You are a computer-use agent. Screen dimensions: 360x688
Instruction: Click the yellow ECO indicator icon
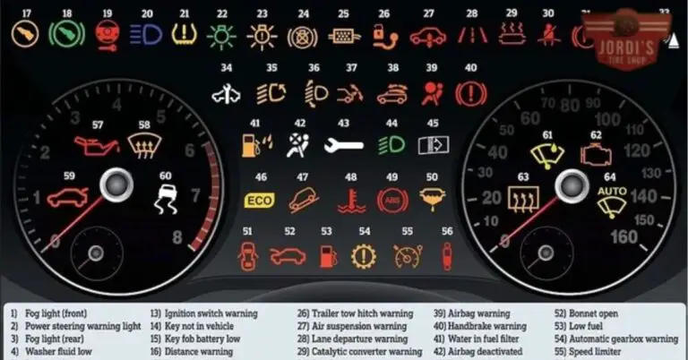point(259,201)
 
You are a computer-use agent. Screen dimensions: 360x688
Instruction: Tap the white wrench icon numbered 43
point(343,144)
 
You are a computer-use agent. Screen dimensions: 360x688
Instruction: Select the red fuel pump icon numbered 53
point(328,257)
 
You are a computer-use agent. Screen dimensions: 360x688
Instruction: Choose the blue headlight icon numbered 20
point(146,36)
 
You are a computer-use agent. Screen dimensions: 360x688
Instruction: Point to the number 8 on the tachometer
point(176,237)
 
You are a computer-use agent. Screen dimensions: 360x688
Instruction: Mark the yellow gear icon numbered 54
point(363,257)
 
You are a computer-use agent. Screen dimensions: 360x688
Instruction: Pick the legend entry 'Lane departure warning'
point(353,340)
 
